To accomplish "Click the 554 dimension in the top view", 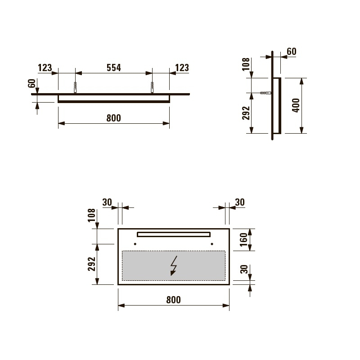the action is tap(114, 68).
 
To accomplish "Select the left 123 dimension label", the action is tap(45, 68).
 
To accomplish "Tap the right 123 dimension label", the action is tap(182, 68).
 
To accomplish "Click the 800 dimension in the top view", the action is tap(114, 118).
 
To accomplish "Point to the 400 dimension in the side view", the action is tap(296, 105).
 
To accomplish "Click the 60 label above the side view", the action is tap(292, 51).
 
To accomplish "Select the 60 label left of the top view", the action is tap(32, 83).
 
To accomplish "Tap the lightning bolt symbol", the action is tap(174, 265).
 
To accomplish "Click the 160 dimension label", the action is tap(243, 240).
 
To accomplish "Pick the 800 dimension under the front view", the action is tap(174, 300).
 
